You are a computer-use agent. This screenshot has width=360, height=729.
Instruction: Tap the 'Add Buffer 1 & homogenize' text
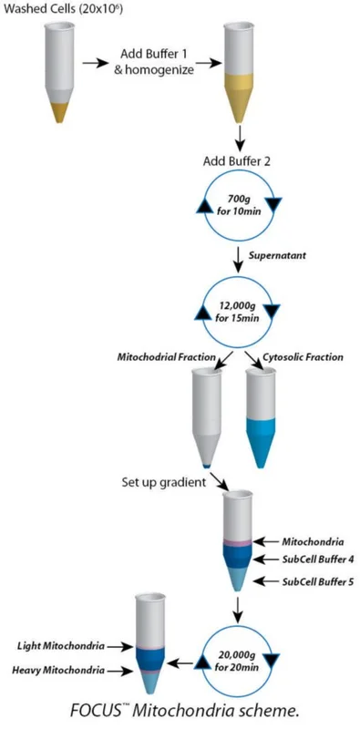pos(154,61)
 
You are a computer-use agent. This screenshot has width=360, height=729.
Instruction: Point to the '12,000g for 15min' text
pos(237,312)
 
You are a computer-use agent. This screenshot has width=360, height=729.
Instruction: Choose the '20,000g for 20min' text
pos(237,660)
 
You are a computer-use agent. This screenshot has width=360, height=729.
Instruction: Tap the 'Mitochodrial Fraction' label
pos(165,357)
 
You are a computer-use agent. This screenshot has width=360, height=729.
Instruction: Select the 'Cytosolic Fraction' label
pos(303,357)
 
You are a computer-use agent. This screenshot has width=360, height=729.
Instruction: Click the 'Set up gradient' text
pos(163,482)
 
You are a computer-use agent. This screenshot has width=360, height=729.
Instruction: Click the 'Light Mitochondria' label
pos(61,645)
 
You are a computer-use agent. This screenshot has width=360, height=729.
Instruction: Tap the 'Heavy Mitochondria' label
pos(59,670)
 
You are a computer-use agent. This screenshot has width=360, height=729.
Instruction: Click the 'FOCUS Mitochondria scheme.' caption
pos(184,711)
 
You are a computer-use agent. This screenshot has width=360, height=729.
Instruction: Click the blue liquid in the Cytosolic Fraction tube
pos(262,439)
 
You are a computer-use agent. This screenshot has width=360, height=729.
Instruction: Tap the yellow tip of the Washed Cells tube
pos(59,112)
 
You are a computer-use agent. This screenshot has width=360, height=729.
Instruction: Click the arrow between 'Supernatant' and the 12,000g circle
pos(238,261)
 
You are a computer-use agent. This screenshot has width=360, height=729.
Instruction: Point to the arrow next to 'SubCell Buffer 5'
pos(267,581)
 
